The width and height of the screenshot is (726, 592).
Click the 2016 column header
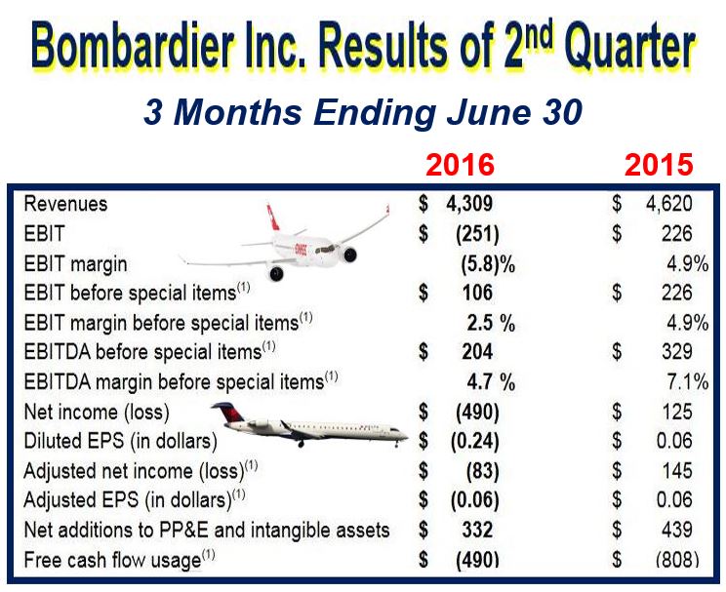click(x=461, y=165)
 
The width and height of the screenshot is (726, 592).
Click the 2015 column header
click(x=659, y=165)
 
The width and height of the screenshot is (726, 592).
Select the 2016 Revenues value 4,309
click(x=469, y=204)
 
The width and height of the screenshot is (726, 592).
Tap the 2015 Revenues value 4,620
click(x=669, y=204)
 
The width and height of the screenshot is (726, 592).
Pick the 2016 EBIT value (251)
click(x=477, y=234)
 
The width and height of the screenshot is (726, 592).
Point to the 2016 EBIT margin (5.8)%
click(x=488, y=264)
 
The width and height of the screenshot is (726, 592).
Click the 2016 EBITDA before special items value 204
click(x=477, y=352)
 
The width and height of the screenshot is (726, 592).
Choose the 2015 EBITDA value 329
click(x=677, y=352)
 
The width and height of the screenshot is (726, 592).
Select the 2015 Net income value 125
click(x=677, y=412)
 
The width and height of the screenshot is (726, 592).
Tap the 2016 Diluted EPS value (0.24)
click(x=475, y=442)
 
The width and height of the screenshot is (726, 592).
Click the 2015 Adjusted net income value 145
click(x=677, y=471)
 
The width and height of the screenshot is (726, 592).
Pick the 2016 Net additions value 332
click(x=477, y=531)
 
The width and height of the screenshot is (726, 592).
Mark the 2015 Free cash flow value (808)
click(x=677, y=560)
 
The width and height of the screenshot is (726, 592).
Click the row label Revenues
click(x=65, y=204)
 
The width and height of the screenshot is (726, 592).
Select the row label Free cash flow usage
click(x=112, y=561)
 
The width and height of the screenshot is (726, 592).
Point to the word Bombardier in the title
click(x=133, y=46)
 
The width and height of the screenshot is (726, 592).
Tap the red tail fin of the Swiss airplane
click(x=273, y=217)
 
